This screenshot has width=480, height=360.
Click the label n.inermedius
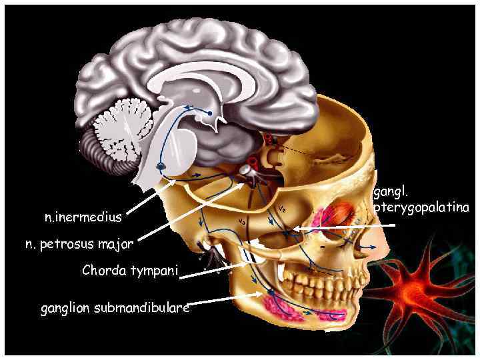(83, 217)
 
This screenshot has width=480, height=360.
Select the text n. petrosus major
(79, 244)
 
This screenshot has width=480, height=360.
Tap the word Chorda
(104, 271)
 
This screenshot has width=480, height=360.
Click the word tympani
(154, 271)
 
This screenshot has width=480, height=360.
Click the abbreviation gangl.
(390, 193)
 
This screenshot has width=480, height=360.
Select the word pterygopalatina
(421, 208)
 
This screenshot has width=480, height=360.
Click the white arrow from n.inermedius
(151, 198)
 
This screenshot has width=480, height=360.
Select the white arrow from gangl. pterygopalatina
(347, 227)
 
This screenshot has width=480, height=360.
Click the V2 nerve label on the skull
(283, 209)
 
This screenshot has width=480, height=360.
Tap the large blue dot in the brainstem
(161, 165)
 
